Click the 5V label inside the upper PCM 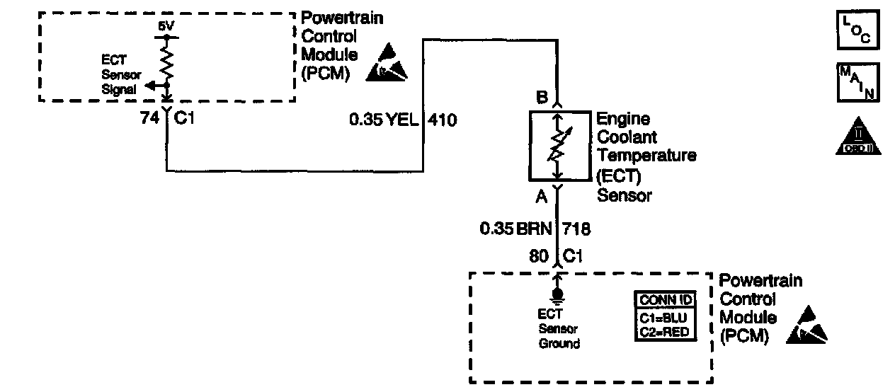(165, 25)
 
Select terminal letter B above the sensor (542, 97)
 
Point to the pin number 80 (539, 255)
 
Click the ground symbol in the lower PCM (558, 293)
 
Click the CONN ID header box (663, 300)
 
